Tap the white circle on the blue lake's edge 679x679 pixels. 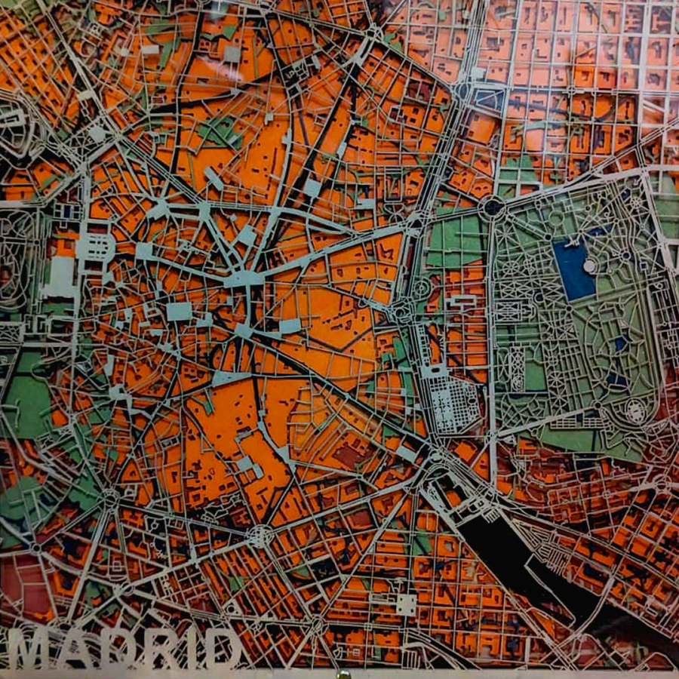click(589, 266)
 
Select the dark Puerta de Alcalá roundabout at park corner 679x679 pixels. click(491, 206)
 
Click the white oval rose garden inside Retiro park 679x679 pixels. click(636, 411)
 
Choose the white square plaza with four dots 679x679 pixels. click(406, 604)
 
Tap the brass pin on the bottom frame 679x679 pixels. click(343, 674)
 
